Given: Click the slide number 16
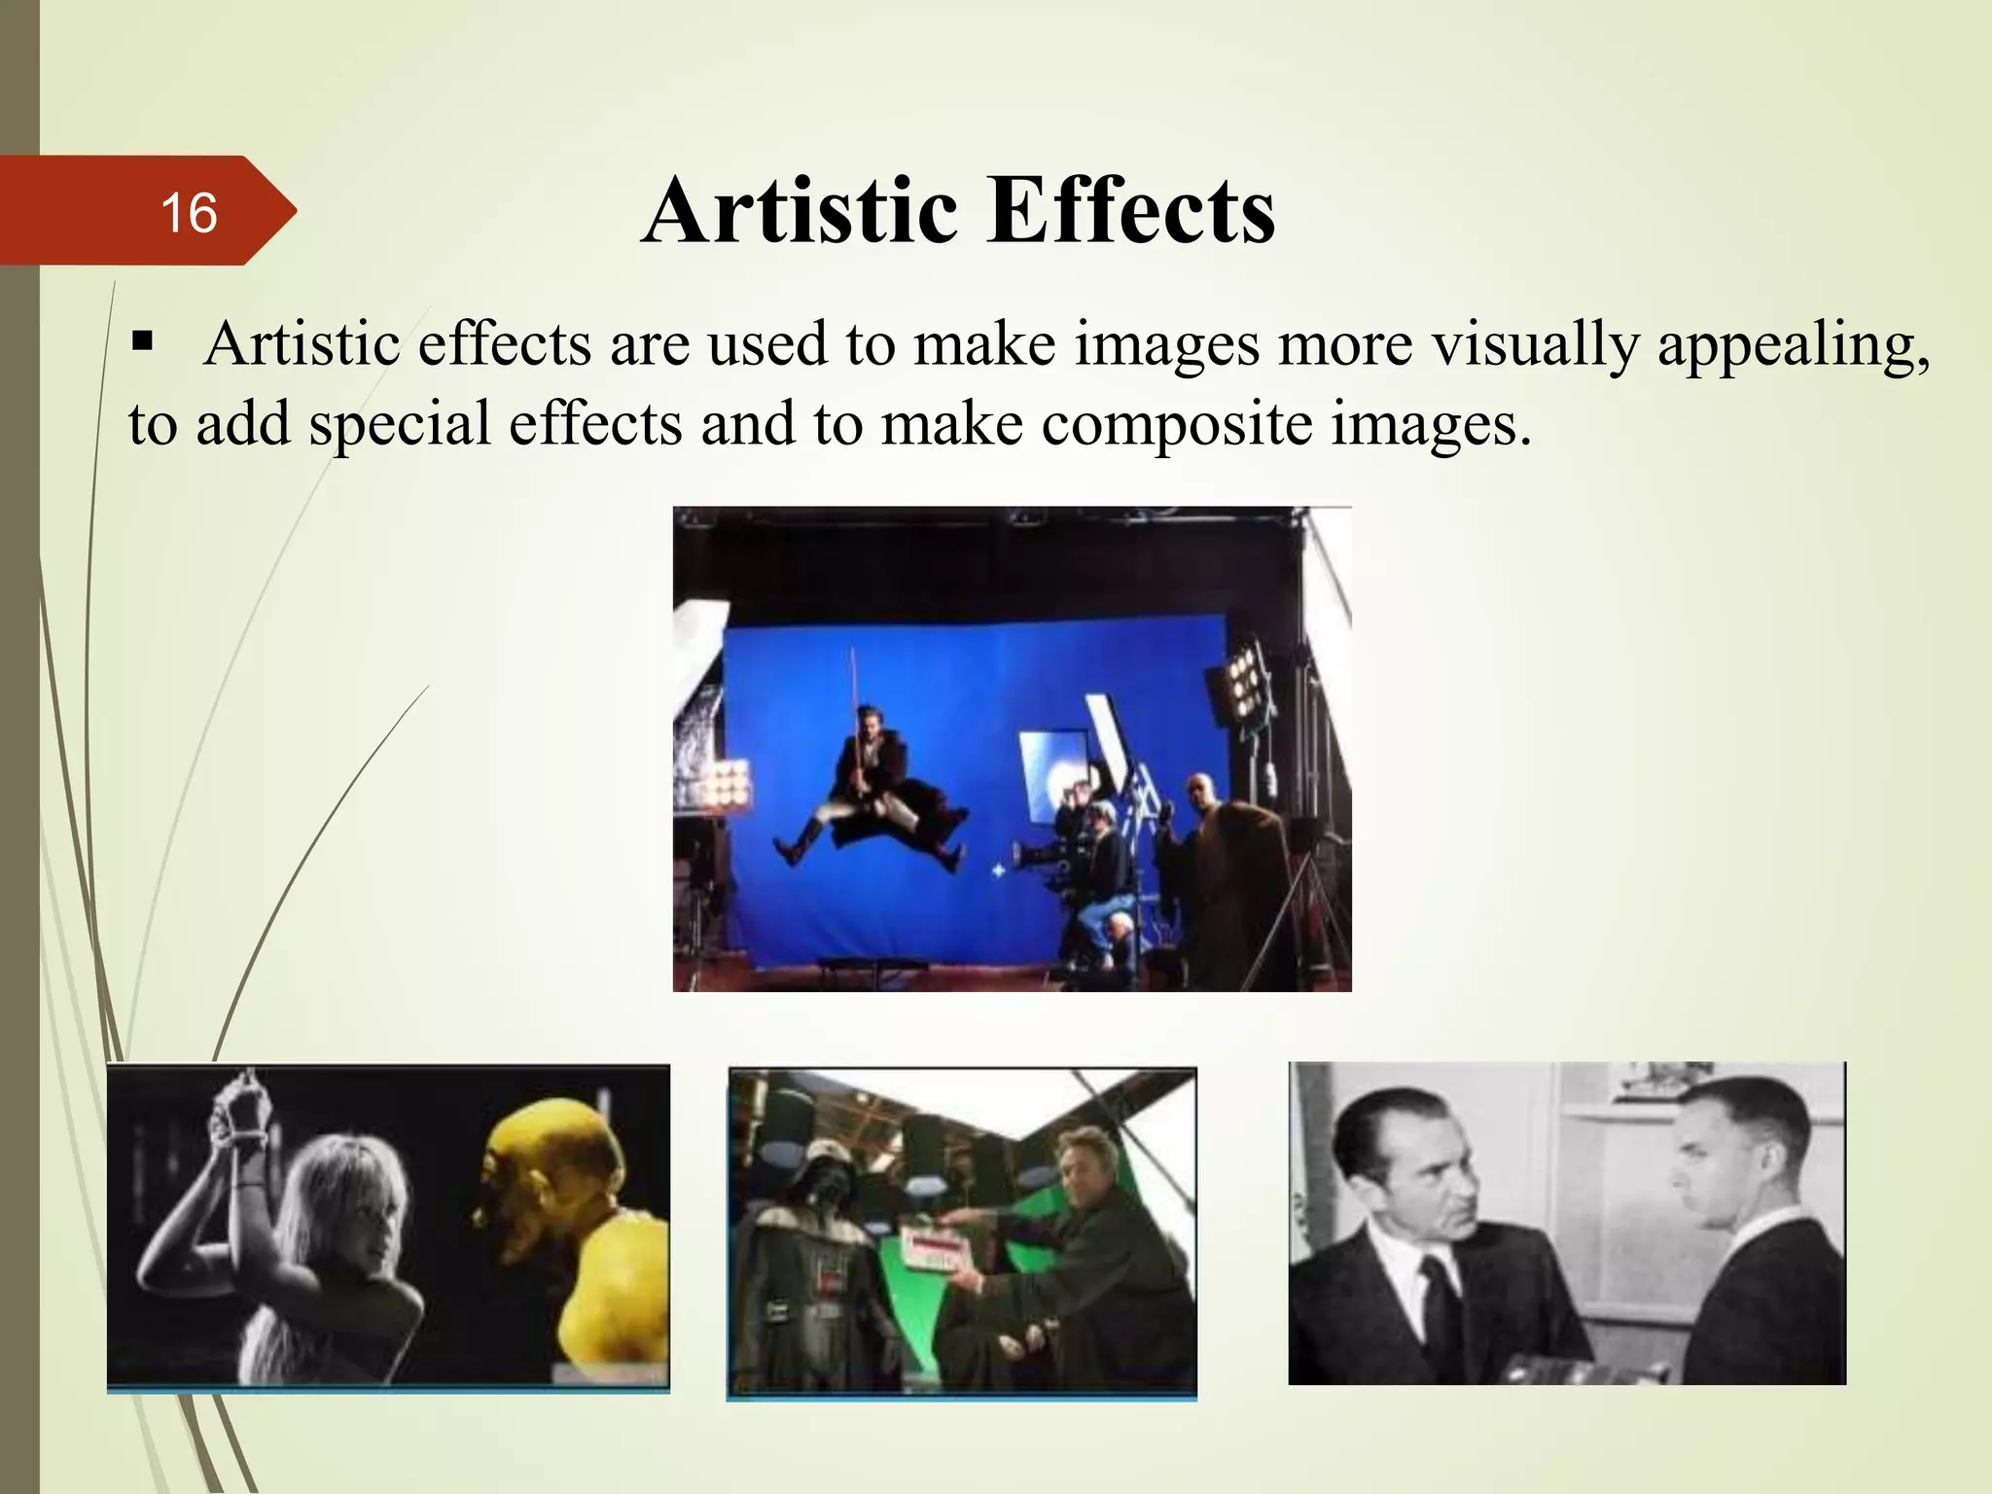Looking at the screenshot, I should coord(189,213).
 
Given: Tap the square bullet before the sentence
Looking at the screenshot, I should coord(143,343).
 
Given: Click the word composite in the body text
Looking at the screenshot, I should coord(1176,425).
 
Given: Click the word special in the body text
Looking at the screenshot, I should coord(400,425).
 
